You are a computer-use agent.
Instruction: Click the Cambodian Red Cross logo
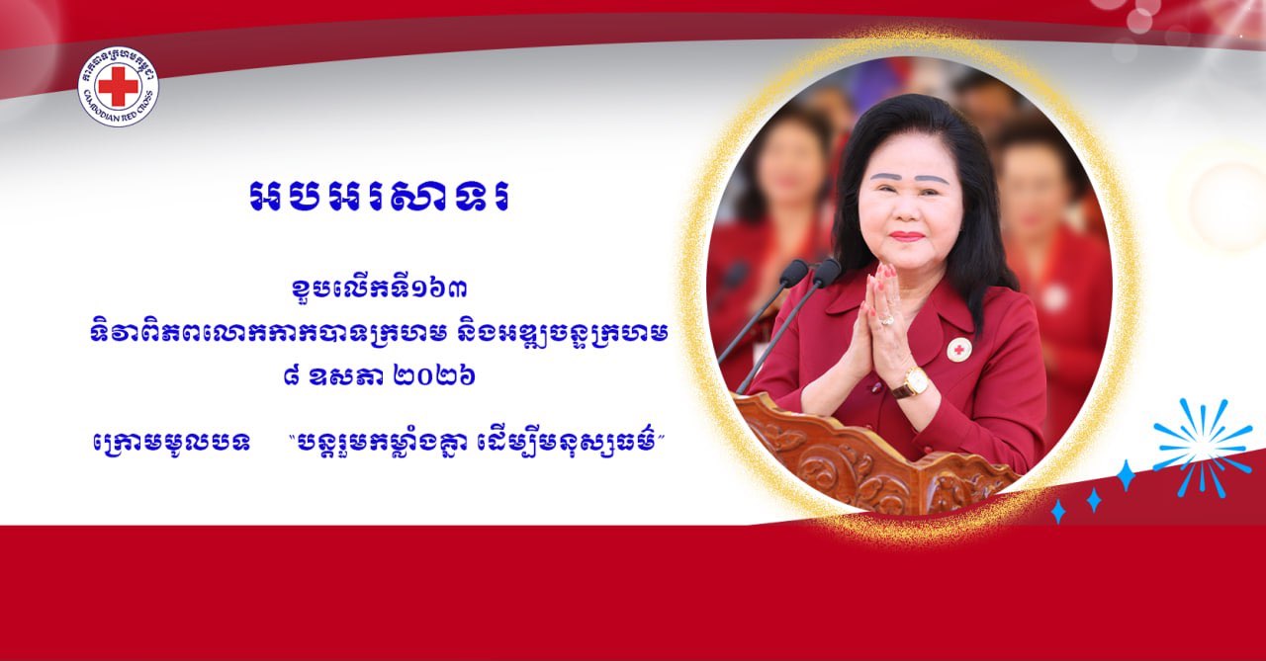tap(118, 86)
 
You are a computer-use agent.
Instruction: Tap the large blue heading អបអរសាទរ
tap(379, 198)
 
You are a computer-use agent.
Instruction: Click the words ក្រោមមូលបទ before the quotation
tap(171, 443)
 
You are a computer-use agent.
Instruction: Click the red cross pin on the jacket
tap(959, 350)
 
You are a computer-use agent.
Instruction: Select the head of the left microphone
tap(793, 273)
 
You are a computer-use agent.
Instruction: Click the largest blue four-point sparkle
tap(1126, 475)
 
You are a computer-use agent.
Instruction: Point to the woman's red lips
tap(907, 236)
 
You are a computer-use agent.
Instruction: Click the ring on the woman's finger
tap(885, 321)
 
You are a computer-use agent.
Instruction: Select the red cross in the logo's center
tap(118, 86)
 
